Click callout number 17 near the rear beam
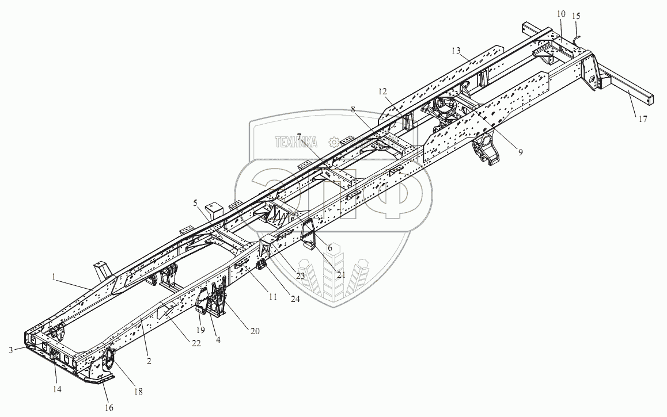click(642, 120)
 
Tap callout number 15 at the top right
click(575, 17)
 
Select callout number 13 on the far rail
click(456, 51)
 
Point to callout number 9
click(520, 152)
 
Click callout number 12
click(383, 91)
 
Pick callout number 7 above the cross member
click(299, 136)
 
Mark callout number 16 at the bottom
click(109, 407)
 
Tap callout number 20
click(255, 331)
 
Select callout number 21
click(341, 275)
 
